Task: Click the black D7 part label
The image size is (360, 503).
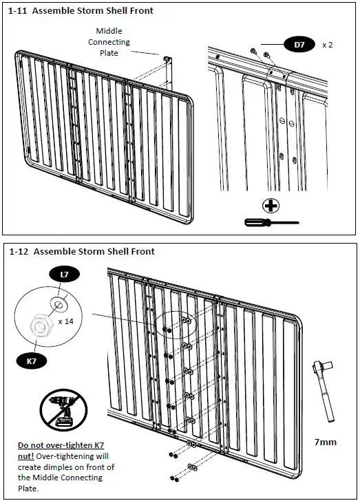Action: (299, 45)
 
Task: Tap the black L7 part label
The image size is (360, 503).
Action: (64, 275)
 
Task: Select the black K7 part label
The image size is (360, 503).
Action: (32, 361)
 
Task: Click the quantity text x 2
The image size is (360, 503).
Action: (327, 45)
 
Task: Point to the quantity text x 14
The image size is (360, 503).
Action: (66, 321)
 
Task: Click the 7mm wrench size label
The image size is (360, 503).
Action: (326, 442)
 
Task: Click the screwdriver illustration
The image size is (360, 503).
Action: (271, 222)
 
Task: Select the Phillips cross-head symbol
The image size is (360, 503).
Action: (271, 206)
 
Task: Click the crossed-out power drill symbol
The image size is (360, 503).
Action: (63, 410)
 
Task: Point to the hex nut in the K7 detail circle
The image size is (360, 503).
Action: (39, 325)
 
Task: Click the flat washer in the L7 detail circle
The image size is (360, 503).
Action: (59, 303)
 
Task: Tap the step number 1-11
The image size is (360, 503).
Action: (17, 10)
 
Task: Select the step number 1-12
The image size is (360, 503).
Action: (19, 252)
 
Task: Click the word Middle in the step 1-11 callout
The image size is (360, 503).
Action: (109, 31)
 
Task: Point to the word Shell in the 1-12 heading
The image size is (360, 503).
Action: (118, 252)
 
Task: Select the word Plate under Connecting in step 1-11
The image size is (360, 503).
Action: (109, 53)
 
